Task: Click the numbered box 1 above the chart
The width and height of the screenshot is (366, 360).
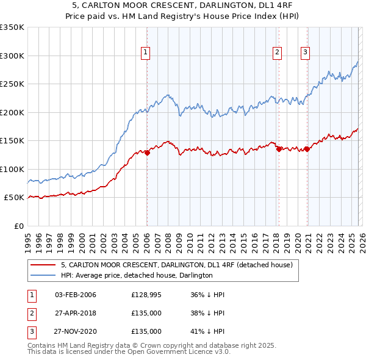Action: pos(146,53)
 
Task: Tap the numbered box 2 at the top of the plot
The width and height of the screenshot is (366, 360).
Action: pos(278,53)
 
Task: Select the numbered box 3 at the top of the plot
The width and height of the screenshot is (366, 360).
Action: pos(305,53)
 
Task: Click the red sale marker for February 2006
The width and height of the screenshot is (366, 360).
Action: pos(147,153)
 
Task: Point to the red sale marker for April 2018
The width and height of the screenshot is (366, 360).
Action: pos(279,149)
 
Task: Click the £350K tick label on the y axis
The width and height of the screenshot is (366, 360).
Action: pos(12,27)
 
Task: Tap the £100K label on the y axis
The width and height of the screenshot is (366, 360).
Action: pos(12,169)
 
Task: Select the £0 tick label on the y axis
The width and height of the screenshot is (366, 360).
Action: pos(18,226)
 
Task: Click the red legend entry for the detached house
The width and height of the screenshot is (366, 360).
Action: pos(177,265)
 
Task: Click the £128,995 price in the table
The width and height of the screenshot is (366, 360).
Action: pos(146,295)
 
